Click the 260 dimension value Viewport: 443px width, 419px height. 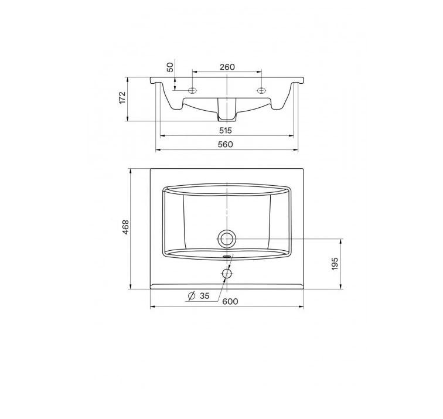click(227, 67)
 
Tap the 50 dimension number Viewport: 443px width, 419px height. click(170, 67)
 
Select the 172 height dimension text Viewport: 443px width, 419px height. click(122, 97)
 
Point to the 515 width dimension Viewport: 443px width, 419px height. click(226, 130)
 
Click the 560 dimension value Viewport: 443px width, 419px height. click(226, 144)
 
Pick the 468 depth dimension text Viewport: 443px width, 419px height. click(125, 227)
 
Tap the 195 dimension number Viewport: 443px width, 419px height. click(335, 264)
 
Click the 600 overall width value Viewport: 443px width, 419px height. click(230, 301)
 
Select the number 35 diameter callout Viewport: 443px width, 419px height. click(205, 296)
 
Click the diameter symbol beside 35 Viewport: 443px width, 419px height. click(192, 296)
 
